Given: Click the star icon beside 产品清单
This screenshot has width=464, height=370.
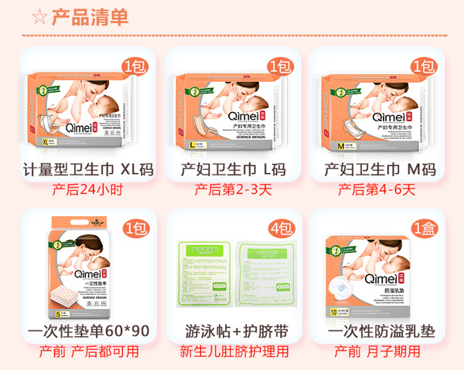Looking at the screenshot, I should (x=36, y=17).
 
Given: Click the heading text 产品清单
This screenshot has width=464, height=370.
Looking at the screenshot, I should (x=90, y=17).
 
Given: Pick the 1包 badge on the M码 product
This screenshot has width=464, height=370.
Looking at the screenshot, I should (x=424, y=66).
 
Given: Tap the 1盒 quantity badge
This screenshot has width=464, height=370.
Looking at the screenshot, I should (x=424, y=228).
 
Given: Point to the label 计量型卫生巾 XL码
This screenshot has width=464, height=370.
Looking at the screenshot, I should (x=90, y=169).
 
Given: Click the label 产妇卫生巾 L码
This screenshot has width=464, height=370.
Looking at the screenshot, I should (x=233, y=169).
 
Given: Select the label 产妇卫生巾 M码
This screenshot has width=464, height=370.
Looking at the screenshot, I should (x=376, y=169).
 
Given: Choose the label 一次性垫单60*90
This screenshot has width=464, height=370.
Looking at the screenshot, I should (x=89, y=332).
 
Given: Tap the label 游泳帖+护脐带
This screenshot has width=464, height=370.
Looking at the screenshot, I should (x=234, y=332).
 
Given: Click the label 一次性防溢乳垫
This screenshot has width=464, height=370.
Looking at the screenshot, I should (x=377, y=332).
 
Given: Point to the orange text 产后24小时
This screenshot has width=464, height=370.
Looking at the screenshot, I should (x=89, y=189).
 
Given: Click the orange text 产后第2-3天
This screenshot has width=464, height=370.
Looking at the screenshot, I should (x=233, y=189).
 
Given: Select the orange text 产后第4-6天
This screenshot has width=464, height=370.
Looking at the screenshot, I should (x=377, y=189).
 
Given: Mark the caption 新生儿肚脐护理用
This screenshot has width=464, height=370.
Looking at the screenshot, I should (x=234, y=352).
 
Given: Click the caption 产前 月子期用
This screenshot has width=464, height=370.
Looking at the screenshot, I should (x=377, y=352).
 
